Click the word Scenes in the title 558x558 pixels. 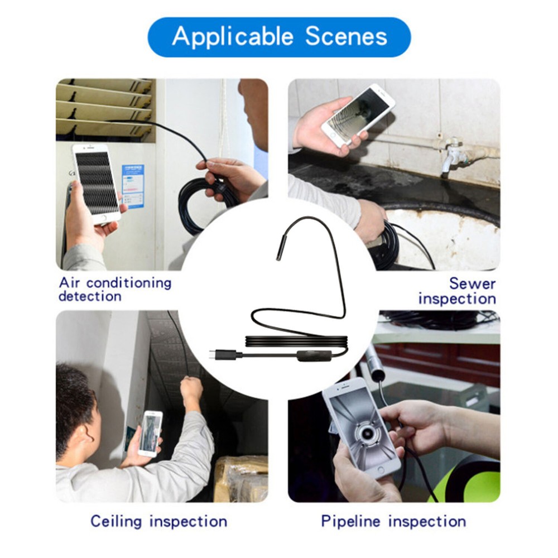pos(346,37)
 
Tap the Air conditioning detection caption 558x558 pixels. pos(114,289)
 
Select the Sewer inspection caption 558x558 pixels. pos(457,291)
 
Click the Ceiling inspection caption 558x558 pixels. pos(158,522)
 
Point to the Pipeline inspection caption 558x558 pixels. pos(393,522)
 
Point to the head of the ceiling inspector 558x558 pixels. pos(78,402)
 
